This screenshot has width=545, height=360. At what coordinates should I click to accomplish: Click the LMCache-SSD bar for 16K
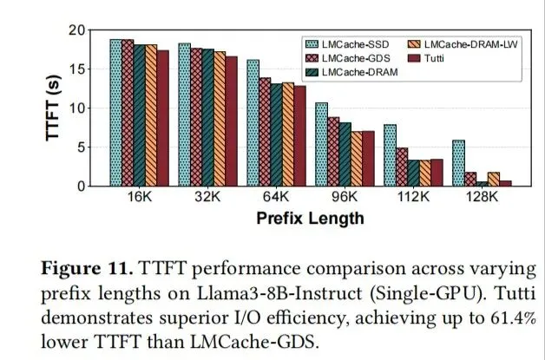click(116, 113)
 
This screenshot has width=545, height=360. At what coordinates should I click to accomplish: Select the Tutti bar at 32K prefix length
click(232, 121)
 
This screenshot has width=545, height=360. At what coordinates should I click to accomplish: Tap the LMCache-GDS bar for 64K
click(265, 132)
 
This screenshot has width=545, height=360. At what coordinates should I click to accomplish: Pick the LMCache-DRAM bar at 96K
click(345, 154)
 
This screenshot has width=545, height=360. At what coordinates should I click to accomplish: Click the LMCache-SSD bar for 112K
click(390, 155)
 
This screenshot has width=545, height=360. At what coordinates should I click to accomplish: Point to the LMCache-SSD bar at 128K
click(459, 163)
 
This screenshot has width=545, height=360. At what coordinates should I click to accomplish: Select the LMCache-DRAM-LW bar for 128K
click(494, 180)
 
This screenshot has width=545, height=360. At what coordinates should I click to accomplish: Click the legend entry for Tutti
click(425, 58)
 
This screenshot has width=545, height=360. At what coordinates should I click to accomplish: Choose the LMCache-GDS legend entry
click(348, 58)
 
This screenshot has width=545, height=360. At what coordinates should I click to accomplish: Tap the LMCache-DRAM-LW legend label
click(471, 44)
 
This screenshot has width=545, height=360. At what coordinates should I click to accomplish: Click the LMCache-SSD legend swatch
click(312, 44)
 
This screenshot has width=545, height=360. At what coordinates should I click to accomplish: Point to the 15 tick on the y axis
click(77, 69)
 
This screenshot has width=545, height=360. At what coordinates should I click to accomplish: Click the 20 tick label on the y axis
click(77, 30)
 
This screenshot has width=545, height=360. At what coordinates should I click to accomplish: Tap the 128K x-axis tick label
click(482, 197)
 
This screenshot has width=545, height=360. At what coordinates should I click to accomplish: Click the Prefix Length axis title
click(310, 219)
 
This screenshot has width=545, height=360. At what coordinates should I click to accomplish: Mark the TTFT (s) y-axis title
click(53, 108)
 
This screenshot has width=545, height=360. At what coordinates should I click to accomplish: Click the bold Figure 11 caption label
click(87, 269)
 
